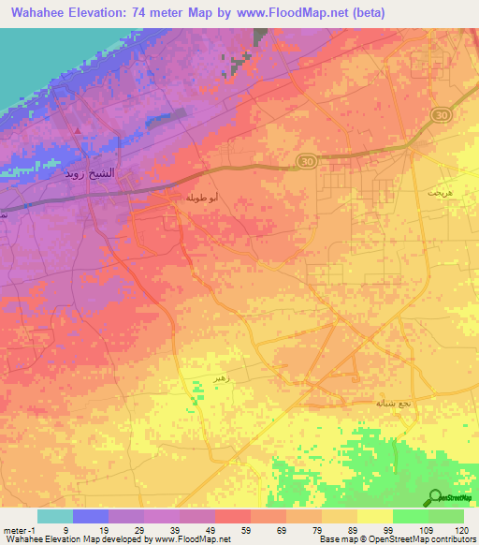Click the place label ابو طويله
[201, 198]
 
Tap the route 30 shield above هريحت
[440, 113]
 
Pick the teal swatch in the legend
[55, 516]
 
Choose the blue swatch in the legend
[91, 516]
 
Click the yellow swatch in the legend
[375, 516]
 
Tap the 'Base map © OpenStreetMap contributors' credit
[397, 539]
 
